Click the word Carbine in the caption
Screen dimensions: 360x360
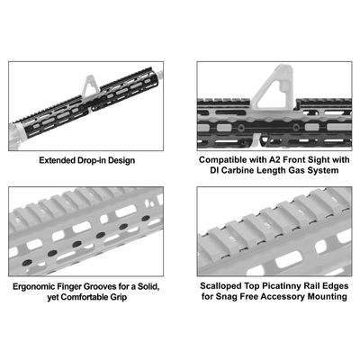tap(244, 170)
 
